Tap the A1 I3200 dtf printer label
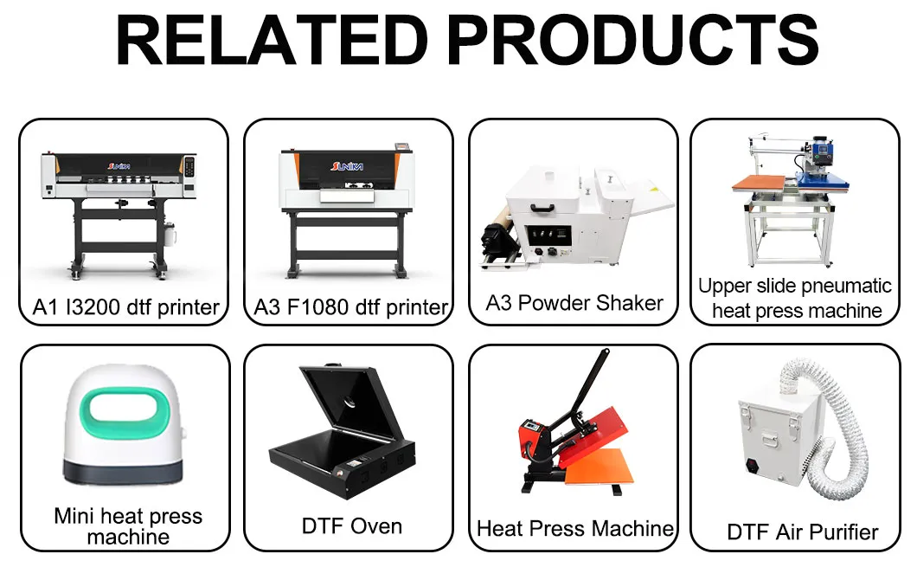(x=126, y=306)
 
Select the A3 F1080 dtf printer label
(x=351, y=306)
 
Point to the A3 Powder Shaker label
(x=574, y=303)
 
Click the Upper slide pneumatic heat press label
(x=794, y=297)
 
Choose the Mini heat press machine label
(x=128, y=526)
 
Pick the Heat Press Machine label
(x=574, y=528)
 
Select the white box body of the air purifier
(x=770, y=441)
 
